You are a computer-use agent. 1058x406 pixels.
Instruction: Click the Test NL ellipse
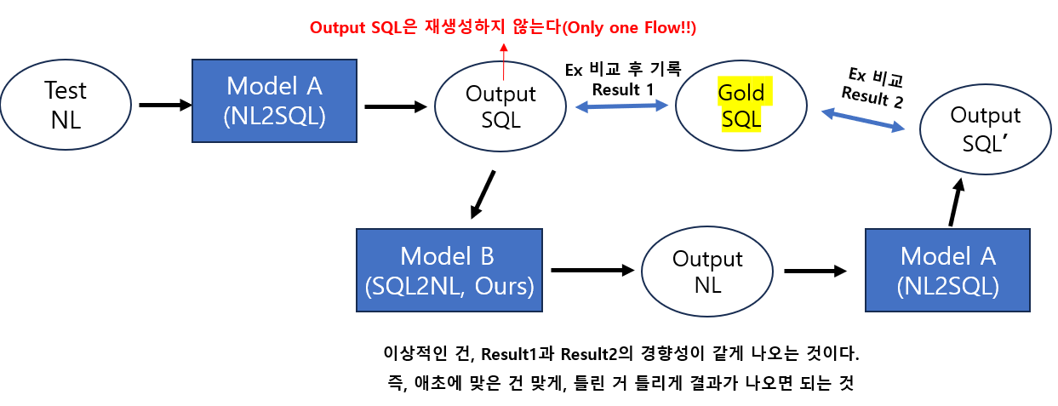pos(66,105)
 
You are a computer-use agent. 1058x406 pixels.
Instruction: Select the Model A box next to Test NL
pos(275,102)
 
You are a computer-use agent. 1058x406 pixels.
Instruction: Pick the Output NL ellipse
pos(706,271)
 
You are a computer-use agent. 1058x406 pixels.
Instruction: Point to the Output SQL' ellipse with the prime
pos(985,128)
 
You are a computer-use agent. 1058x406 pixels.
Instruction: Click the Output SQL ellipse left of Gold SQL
pos(500,106)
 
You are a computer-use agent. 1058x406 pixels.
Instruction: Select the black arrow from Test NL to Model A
pos(165,105)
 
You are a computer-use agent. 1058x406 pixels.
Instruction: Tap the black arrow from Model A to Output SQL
pos(395,106)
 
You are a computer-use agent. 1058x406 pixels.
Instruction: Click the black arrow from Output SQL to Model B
pos(482,195)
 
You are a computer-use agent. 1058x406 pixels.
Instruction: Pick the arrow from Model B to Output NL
pos(592,271)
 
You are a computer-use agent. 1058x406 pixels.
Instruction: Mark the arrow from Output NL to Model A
pos(815,271)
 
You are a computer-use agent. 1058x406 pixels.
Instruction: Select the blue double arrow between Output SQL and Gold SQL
pos(621,106)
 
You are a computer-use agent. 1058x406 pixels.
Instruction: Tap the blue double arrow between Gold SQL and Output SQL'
pos(863,119)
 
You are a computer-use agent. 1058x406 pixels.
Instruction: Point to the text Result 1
pos(623,89)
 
